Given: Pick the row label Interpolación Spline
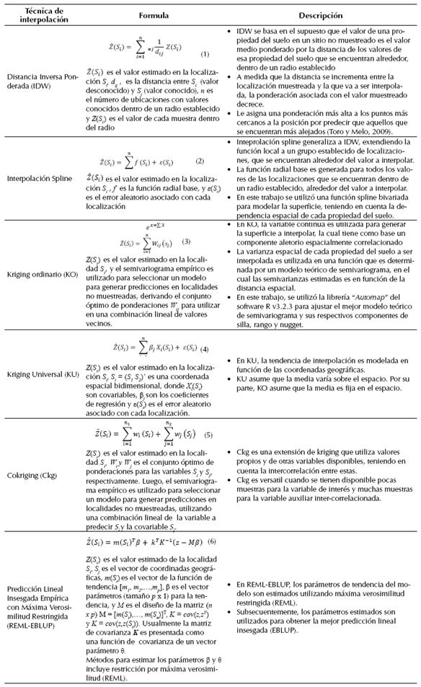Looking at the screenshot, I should click(x=40, y=185).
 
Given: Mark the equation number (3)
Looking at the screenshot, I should click(x=186, y=241).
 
